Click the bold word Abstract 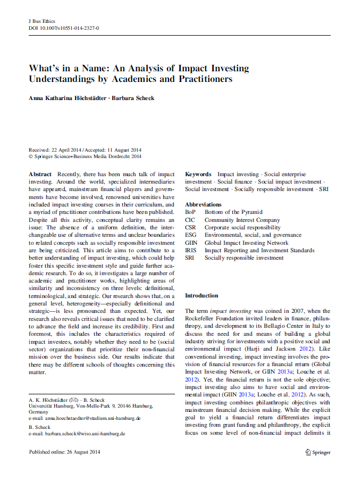click(40, 175)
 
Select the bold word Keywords click(198, 175)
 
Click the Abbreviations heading click(203, 204)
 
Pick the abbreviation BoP click(190, 212)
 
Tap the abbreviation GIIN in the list click(191, 243)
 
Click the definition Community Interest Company click(242, 220)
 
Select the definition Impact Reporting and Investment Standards click(259, 250)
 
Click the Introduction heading click(202, 295)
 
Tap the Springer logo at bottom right click(318, 452)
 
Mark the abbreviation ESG click(190, 235)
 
